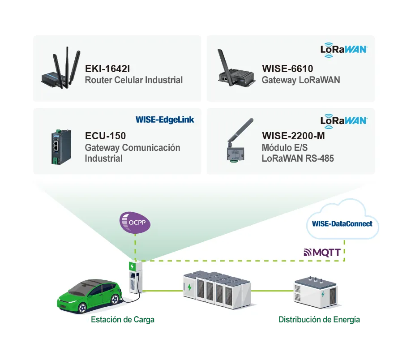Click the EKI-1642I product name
pos(107,69)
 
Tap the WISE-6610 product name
pos(287,69)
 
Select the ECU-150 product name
pos(105,136)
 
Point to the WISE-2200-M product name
pos(293,136)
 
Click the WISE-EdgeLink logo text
pos(165,120)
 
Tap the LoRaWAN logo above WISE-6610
pos(344,50)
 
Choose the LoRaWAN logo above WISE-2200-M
pos(344,121)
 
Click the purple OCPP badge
pos(135,223)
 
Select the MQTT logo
pos(322,253)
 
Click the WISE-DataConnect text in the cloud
pos(342,223)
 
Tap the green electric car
pos(90,296)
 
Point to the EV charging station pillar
pos(135,277)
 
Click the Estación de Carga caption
pos(123,320)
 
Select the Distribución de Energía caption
pos(319,320)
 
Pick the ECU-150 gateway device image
pos(61,147)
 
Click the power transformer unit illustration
pos(315,292)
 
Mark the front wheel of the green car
pos(82,308)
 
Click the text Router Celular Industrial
pos(134,80)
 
